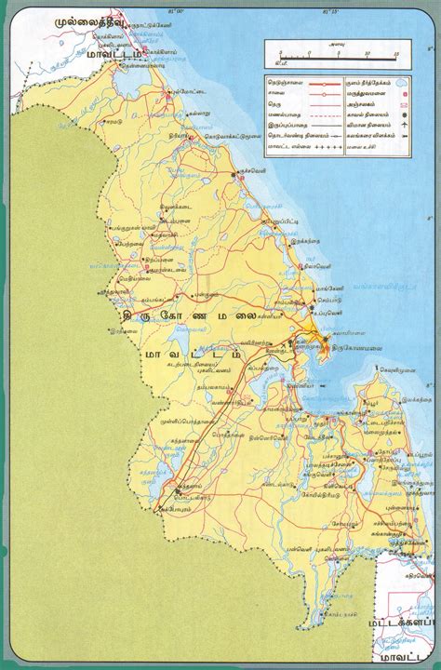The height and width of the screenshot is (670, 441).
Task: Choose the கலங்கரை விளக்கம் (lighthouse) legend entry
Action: (367, 135)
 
